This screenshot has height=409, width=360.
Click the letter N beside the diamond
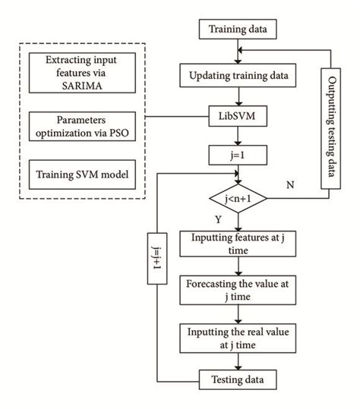[x=291, y=184]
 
